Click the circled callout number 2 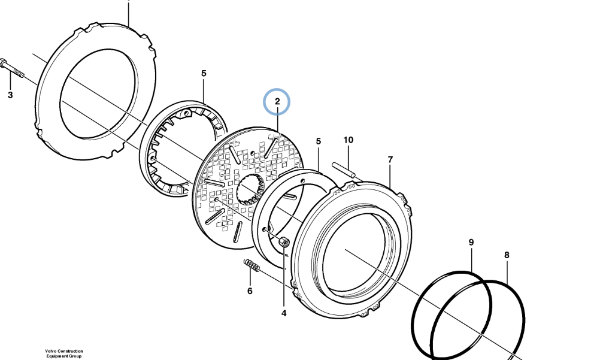coord(277,101)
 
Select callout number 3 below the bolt coord(10,95)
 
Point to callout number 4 coord(284,313)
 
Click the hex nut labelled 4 coord(284,243)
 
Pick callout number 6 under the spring coord(250,291)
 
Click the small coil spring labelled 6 coord(252,265)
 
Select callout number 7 coord(390,159)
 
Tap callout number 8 coord(507,255)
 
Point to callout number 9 coord(471,243)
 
